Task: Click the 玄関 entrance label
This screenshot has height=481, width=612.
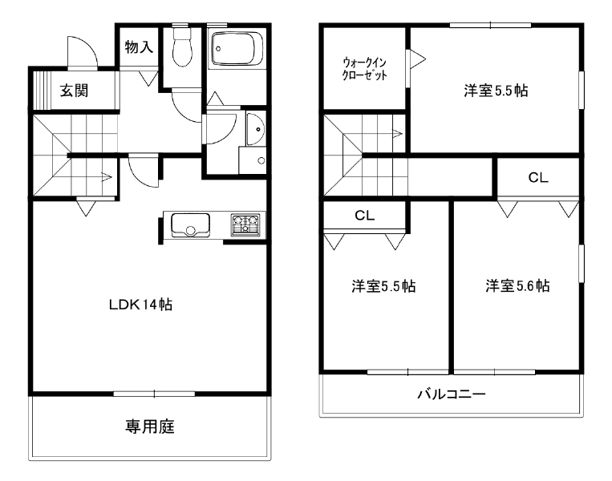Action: pos(74,91)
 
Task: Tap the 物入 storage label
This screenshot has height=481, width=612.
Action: pos(139,47)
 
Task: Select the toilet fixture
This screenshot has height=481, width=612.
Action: pos(182,46)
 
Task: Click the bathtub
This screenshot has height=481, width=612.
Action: pos(237,48)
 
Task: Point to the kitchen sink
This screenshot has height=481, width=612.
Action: pos(190,225)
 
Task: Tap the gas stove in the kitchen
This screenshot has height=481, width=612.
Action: pos(245,224)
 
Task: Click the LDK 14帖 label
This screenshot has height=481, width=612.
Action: pos(140,305)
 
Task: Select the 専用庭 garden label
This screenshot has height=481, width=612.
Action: pos(150,426)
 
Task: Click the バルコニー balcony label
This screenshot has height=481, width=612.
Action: pos(452,394)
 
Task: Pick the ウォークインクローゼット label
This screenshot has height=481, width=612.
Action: pos(364,69)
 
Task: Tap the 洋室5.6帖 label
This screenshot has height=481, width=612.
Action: pos(517,286)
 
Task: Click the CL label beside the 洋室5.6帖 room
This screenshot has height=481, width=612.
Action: pos(538,178)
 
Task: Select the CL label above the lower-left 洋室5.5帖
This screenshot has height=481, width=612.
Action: pos(364,216)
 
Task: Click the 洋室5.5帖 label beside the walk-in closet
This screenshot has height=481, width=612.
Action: pos(496,91)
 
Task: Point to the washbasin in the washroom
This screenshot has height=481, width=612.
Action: pos(256,129)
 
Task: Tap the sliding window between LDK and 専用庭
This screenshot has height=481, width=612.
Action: pos(154,394)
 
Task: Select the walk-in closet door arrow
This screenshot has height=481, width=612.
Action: pos(418,59)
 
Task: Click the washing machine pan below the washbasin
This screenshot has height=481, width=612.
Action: pos(252,160)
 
